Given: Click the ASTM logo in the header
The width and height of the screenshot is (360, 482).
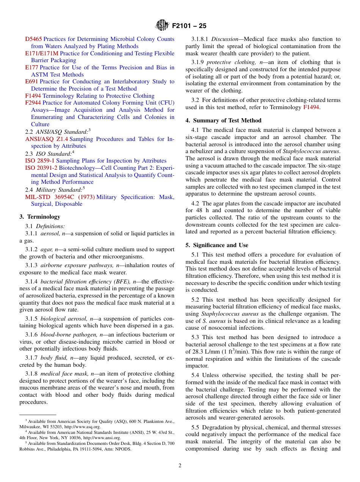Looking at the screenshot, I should (162, 26).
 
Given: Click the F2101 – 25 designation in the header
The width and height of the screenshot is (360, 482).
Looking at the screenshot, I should (189, 26).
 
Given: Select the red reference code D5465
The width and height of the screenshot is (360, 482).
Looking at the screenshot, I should (33, 39).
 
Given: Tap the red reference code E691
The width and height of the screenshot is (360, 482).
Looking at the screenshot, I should (31, 81).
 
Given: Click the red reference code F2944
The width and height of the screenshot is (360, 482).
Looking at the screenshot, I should (33, 103).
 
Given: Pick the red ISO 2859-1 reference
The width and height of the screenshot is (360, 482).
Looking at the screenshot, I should (39, 161).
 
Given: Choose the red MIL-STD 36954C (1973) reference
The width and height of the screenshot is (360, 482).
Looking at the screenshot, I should (60, 197).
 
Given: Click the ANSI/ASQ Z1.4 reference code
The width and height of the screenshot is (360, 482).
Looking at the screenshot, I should (47, 139).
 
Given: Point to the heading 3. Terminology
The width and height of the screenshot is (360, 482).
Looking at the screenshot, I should (40, 217).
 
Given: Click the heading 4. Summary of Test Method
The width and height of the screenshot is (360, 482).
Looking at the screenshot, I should (223, 121).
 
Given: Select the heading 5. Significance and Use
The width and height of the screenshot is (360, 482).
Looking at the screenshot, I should (217, 245).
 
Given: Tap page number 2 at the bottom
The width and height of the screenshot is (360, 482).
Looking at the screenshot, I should (180, 466).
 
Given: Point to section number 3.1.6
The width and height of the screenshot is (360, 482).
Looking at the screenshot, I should (32, 335).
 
